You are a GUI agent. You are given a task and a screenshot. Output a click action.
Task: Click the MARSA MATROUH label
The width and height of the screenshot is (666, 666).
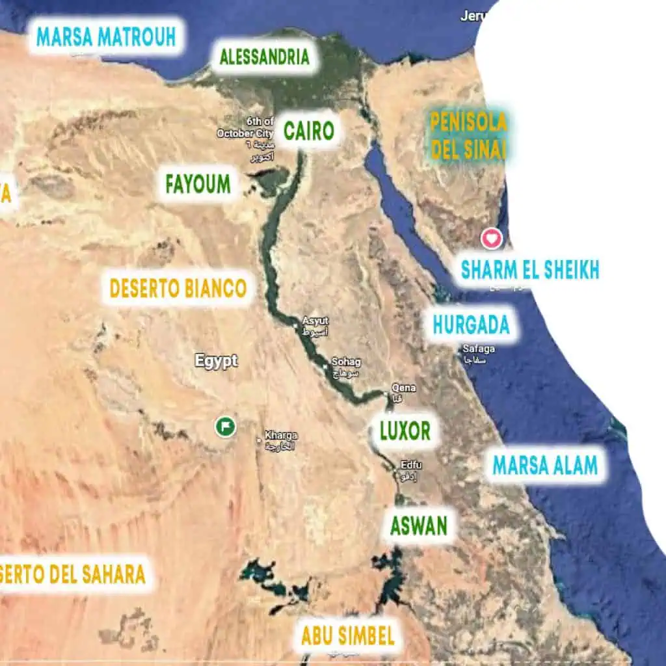(x=106, y=36)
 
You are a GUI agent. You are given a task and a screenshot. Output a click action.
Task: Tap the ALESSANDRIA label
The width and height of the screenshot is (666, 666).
(x=264, y=57)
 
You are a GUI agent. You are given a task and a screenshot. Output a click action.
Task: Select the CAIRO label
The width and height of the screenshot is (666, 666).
(x=309, y=131)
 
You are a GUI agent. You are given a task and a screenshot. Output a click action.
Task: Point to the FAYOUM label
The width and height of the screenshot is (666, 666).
(x=198, y=184)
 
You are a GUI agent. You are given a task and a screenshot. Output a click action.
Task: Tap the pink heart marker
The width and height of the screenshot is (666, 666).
(x=492, y=239)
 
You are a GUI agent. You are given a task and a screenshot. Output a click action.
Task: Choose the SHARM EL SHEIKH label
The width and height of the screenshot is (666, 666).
(x=529, y=269)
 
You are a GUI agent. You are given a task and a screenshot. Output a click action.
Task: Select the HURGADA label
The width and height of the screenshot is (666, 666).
(x=471, y=325)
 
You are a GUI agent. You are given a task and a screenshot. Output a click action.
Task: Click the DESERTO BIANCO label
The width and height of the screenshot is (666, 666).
(x=178, y=288)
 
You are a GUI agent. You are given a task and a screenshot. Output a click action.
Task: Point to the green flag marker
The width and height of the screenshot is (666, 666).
(x=225, y=427)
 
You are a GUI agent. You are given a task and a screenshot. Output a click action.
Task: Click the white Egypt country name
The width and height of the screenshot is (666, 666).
(x=217, y=362)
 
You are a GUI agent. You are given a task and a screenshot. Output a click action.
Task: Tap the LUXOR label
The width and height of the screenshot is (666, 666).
(x=405, y=431)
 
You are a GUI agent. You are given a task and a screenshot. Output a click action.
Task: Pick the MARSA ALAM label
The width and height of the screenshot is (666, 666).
(x=544, y=465)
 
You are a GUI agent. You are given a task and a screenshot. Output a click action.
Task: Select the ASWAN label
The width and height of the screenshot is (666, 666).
(x=418, y=526)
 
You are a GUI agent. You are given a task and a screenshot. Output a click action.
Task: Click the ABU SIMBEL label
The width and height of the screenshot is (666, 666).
(x=348, y=635)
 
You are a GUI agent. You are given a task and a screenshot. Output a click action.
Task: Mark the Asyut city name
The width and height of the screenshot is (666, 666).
(x=315, y=321)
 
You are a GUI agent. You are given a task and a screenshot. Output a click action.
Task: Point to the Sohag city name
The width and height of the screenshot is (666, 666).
(x=346, y=362)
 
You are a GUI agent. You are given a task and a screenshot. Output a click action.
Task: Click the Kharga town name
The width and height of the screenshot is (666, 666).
(x=280, y=435)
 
